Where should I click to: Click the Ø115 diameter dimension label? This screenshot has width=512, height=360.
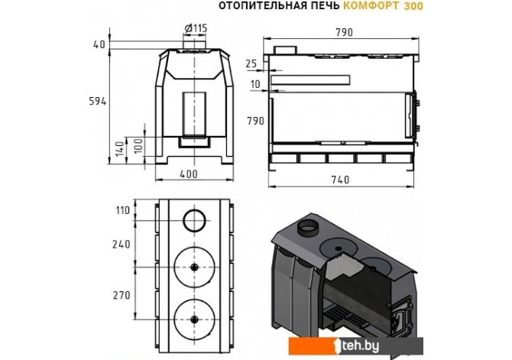coord(196,28)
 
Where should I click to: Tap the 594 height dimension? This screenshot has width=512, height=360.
coord(98,102)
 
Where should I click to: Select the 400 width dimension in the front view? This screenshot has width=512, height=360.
coord(189,174)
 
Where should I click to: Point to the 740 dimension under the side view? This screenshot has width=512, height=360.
coord(340,180)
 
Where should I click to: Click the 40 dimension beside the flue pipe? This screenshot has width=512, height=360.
coord(99,44)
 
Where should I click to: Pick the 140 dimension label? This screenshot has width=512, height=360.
coord(120,148)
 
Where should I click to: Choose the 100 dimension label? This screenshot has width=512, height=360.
coord(138,146)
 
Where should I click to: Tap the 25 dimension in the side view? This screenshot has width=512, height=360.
coord(251,63)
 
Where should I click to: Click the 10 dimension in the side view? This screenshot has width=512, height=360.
coord(255,84)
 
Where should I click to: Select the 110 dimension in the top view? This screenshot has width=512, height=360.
coord(123,210)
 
